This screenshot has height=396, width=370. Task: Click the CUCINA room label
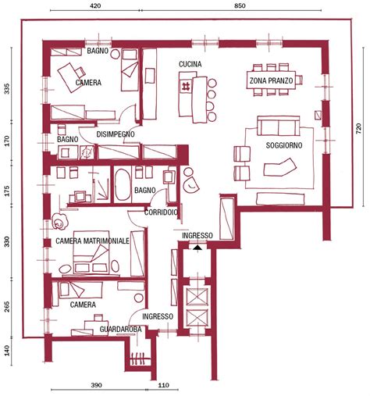pyautogui.click(x=190, y=64)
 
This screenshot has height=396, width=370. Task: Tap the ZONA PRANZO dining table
pyautogui.click(x=271, y=80)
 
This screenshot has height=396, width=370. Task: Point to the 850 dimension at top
pyautogui.click(x=240, y=5)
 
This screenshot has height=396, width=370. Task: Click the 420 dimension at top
pyautogui.click(x=95, y=5)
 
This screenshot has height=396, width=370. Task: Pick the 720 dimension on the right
pyautogui.click(x=358, y=128)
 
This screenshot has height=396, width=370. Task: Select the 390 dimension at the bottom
pyautogui.click(x=97, y=385)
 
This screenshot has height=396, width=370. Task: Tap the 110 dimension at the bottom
pyautogui.click(x=163, y=385)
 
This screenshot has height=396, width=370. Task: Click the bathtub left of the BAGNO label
pyautogui.click(x=123, y=184)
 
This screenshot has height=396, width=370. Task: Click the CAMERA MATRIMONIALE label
pyautogui.click(x=92, y=241)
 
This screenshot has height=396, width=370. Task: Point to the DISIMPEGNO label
pyautogui.click(x=116, y=134)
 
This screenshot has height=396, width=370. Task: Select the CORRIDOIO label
pyautogui.click(x=161, y=212)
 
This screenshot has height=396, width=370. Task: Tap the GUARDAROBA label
pyautogui.click(x=120, y=329)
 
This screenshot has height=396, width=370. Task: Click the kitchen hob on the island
pyautogui.click(x=187, y=86)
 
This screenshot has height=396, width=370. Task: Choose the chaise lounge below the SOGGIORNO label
pyautogui.click(x=280, y=167)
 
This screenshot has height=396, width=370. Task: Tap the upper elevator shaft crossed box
pyautogui.click(x=197, y=296)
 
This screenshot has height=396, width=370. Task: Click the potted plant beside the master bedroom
pyautogui.click(x=59, y=222)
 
